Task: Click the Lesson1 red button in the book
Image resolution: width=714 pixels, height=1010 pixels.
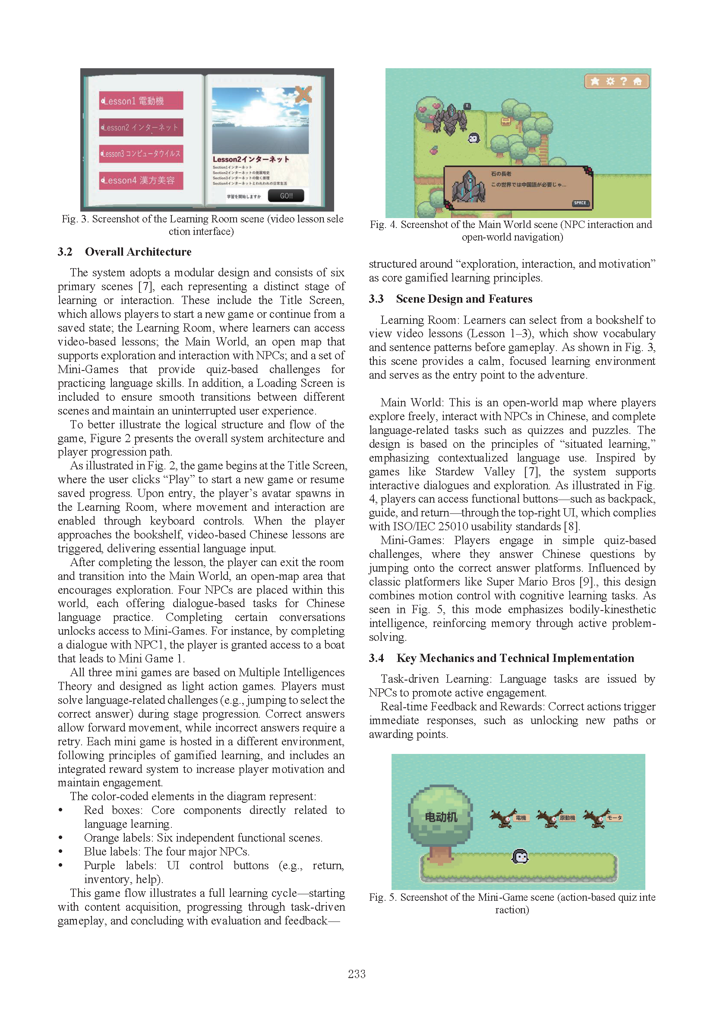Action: [x=141, y=101]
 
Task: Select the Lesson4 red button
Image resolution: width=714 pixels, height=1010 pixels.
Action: [x=141, y=180]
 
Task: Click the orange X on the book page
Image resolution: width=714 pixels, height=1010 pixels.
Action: [x=303, y=94]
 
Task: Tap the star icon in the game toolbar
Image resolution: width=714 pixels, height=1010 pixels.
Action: [x=595, y=81]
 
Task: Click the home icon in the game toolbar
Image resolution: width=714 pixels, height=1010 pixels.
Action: [x=637, y=81]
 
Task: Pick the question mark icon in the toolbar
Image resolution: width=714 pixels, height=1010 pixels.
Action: [x=623, y=81]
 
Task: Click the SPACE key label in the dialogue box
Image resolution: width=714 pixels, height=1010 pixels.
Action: [x=579, y=203]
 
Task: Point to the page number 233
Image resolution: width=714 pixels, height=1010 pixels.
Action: [x=357, y=974]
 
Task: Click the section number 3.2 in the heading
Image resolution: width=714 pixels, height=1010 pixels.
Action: [x=65, y=252]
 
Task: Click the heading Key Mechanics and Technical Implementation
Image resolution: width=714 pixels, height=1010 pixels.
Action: [x=515, y=658]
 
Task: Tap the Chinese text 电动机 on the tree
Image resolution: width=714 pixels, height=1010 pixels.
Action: [x=441, y=817]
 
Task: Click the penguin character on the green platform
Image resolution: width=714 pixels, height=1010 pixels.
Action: [x=520, y=856]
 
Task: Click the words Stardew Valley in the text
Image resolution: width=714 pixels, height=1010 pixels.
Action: [x=475, y=472]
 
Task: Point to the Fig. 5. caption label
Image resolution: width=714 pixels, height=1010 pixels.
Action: [x=382, y=897]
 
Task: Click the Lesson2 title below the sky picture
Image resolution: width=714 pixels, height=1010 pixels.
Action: [x=251, y=159]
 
